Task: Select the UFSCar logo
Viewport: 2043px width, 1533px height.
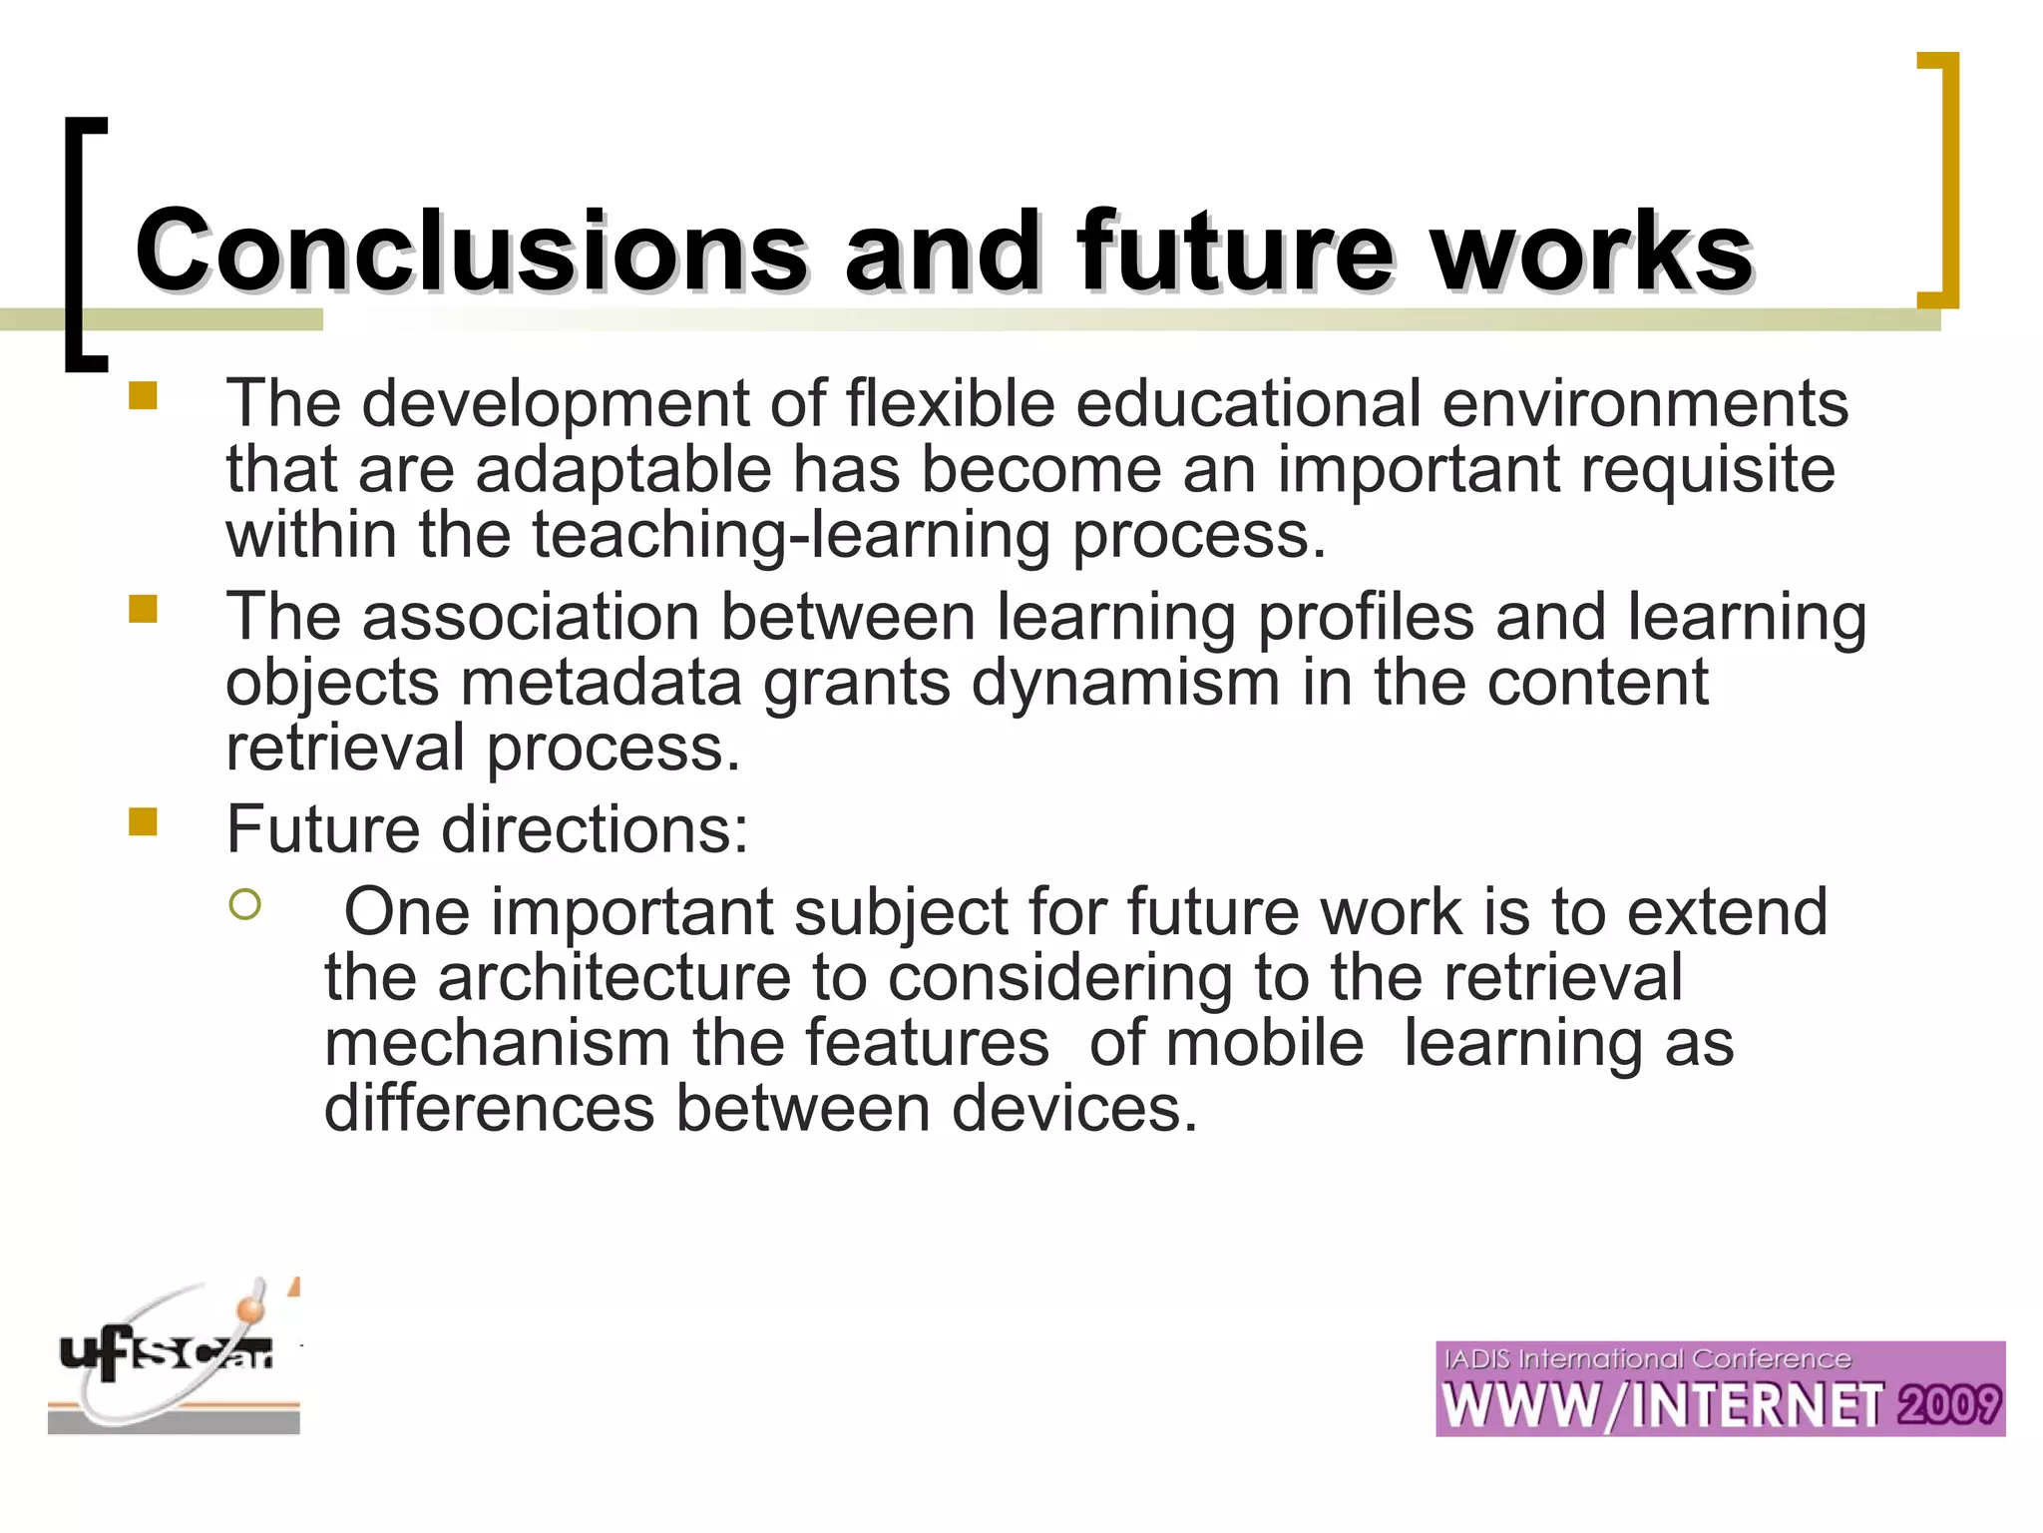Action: (x=174, y=1357)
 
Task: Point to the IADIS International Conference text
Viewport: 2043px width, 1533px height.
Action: (x=1647, y=1359)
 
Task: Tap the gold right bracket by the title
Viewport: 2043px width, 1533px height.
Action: (x=1941, y=180)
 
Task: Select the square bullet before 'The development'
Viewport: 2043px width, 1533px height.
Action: (x=144, y=396)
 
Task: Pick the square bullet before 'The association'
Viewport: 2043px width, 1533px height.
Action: (x=144, y=609)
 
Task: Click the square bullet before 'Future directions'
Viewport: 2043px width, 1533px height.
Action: (x=144, y=821)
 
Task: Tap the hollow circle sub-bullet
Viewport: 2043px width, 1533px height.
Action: (x=244, y=905)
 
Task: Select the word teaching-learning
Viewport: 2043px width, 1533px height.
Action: (x=790, y=535)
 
